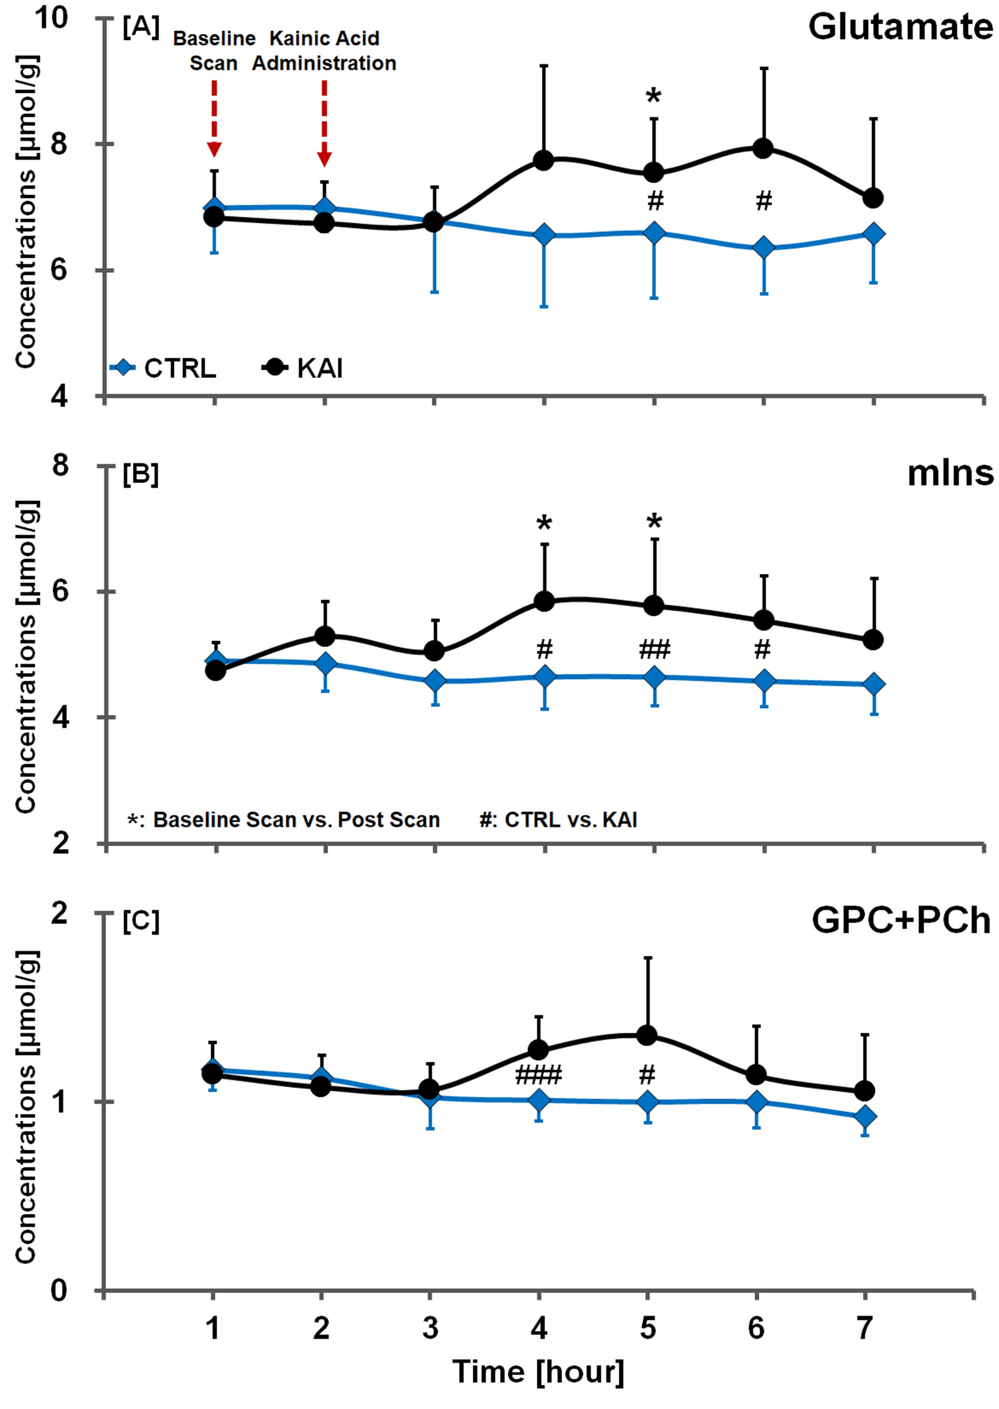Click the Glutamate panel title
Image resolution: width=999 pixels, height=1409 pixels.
point(899,28)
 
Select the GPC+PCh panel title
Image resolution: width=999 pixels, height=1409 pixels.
point(900,921)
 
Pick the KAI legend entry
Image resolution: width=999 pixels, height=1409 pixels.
point(303,368)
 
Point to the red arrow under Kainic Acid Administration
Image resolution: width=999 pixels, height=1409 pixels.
point(324,123)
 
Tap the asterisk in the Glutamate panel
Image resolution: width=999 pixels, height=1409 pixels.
point(653,97)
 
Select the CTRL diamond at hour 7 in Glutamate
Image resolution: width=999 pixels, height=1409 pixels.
point(873,234)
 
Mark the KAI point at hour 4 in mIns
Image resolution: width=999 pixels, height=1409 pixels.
point(544,601)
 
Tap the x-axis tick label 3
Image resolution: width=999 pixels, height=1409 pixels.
point(431,1328)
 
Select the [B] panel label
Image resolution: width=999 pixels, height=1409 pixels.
point(140,474)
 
